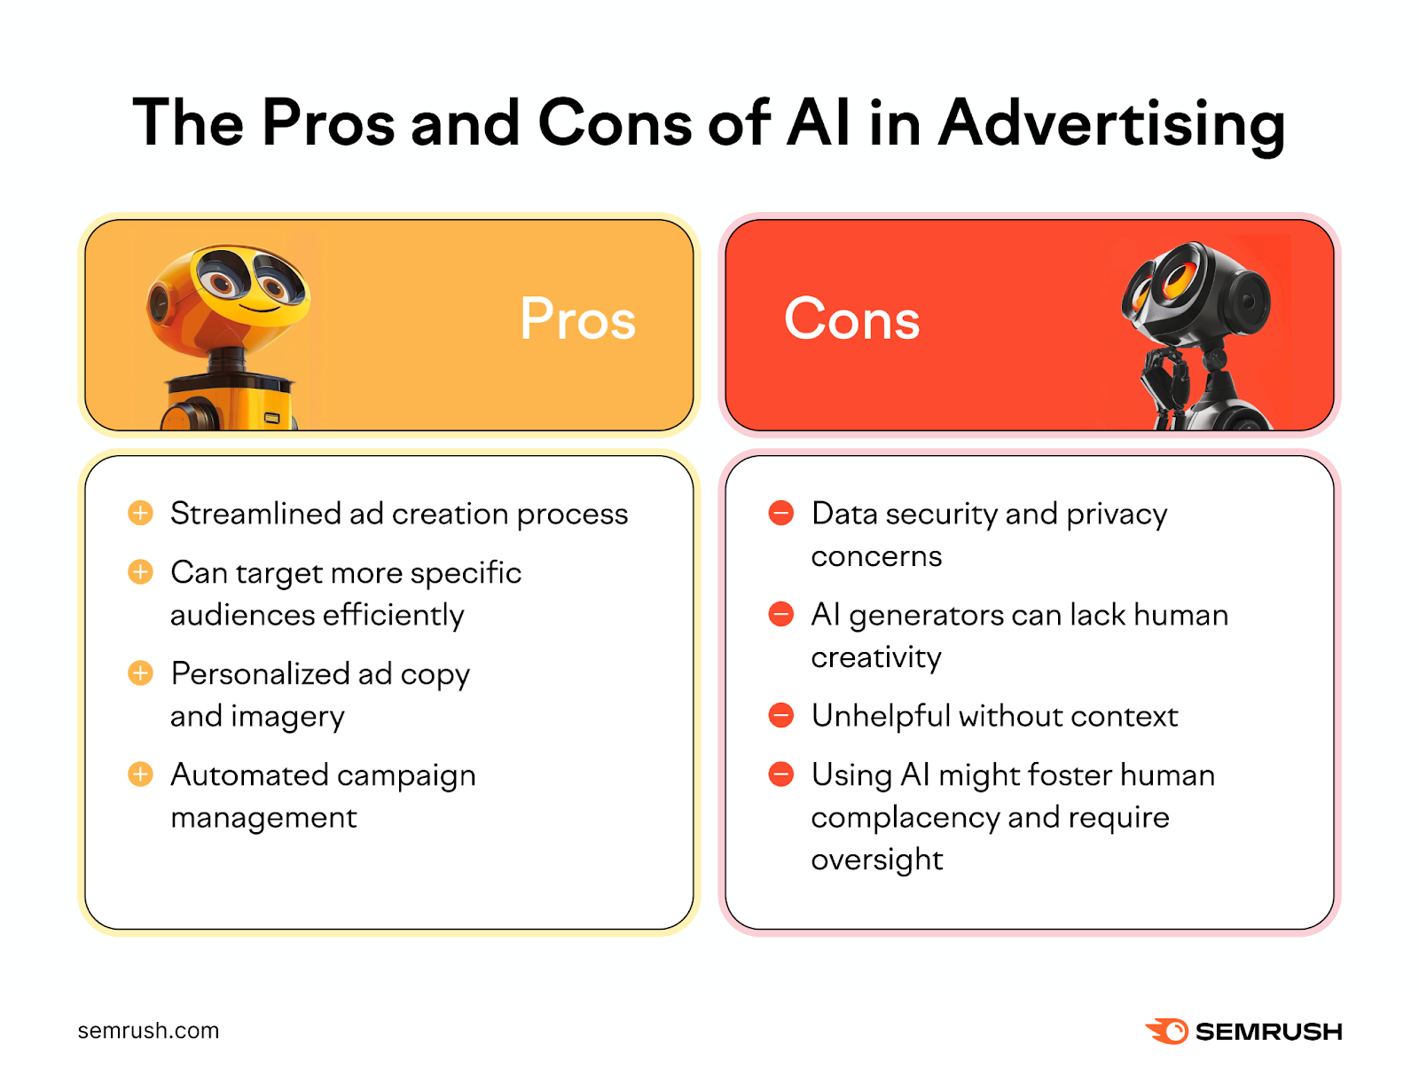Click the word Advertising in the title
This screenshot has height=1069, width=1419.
pyautogui.click(x=1112, y=123)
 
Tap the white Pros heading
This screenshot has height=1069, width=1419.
pyautogui.click(x=577, y=318)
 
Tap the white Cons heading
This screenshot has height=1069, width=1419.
pyautogui.click(x=851, y=318)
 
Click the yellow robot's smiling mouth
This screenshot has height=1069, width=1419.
pyautogui.click(x=257, y=308)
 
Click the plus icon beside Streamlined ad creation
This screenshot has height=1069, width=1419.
pyautogui.click(x=140, y=513)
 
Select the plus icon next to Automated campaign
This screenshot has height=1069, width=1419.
pyautogui.click(x=140, y=774)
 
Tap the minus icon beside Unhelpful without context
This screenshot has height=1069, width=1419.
pyautogui.click(x=781, y=715)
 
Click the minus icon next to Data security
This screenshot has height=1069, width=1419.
pyautogui.click(x=781, y=513)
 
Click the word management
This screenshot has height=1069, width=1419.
pyautogui.click(x=263, y=817)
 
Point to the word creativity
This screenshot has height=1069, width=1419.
pyautogui.click(x=876, y=657)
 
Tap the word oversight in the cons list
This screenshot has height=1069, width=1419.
pyautogui.click(x=877, y=860)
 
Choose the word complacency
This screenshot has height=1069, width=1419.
pyautogui.click(x=905, y=817)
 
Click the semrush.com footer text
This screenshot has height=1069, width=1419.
pyautogui.click(x=148, y=1031)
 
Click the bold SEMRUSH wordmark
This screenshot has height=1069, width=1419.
pyautogui.click(x=1268, y=1032)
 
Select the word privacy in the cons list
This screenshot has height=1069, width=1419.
pyautogui.click(x=1117, y=515)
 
